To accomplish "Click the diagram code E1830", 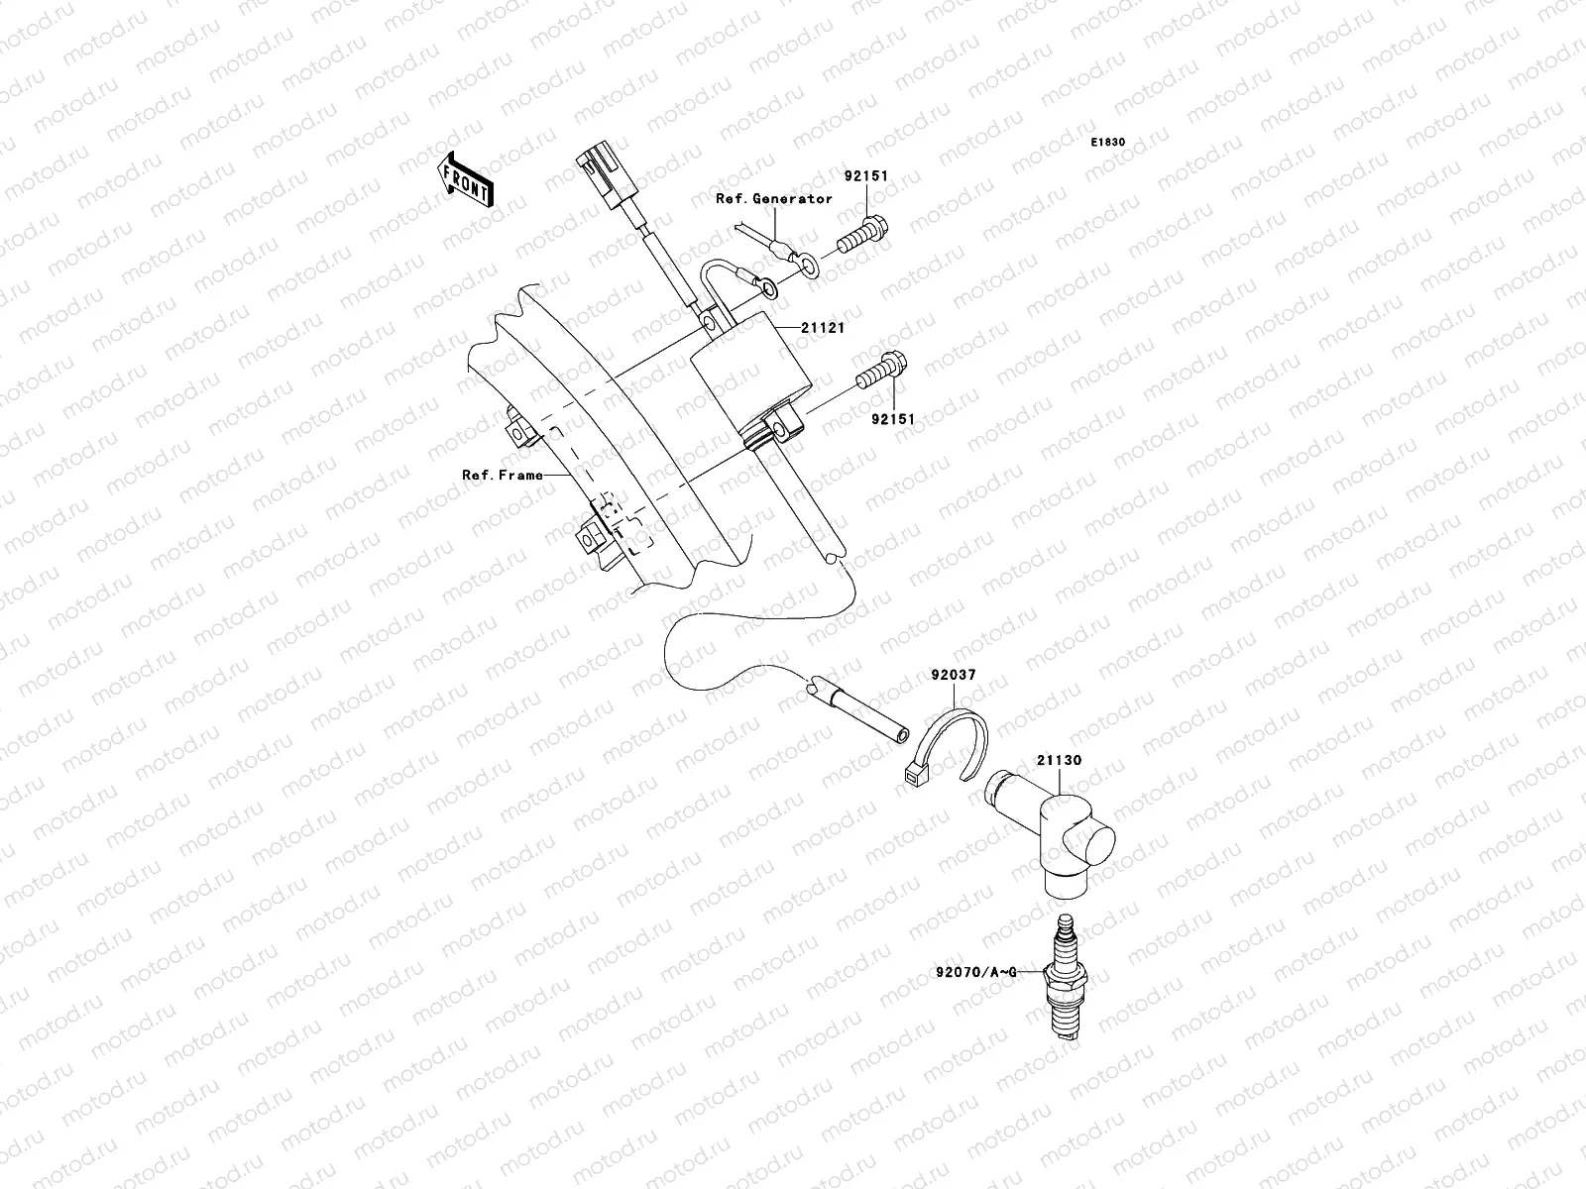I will [x=1108, y=143].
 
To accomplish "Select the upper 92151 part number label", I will [x=894, y=176].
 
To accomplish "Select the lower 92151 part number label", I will [x=892, y=419].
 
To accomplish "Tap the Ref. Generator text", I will [x=774, y=199].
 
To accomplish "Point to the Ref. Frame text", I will [x=503, y=475].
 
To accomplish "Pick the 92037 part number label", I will [x=953, y=675].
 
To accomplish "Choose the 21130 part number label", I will [x=1059, y=761].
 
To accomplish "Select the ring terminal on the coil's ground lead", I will [x=767, y=288].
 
